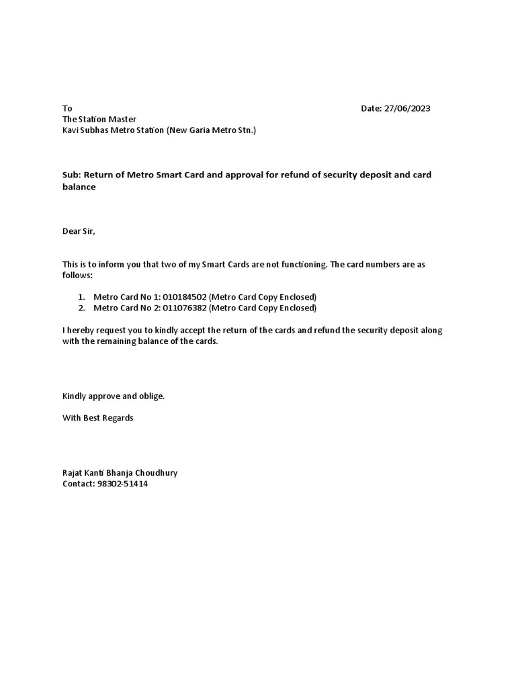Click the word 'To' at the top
(x=67, y=109)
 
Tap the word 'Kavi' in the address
(x=71, y=130)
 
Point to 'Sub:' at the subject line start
(x=71, y=175)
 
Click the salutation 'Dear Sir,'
(x=79, y=232)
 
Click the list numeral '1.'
(x=81, y=297)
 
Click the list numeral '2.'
(x=81, y=308)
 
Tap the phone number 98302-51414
(x=122, y=484)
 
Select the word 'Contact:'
(x=78, y=484)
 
